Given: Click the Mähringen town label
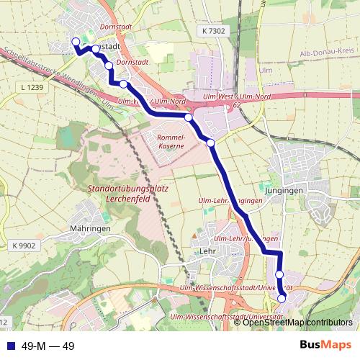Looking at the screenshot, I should click(x=90, y=228).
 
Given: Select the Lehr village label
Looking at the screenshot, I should click(x=206, y=251).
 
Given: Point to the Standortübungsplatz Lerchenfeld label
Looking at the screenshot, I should click(x=127, y=193).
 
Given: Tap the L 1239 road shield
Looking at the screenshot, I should click(x=32, y=87).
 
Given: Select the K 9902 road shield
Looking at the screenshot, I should click(x=24, y=246).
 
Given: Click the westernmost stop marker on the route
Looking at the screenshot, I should click(x=76, y=42).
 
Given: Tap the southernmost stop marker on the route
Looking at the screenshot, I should click(x=282, y=298).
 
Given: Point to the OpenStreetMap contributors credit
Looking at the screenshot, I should click(x=297, y=322).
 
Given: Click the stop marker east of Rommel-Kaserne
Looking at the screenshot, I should click(x=211, y=143).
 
